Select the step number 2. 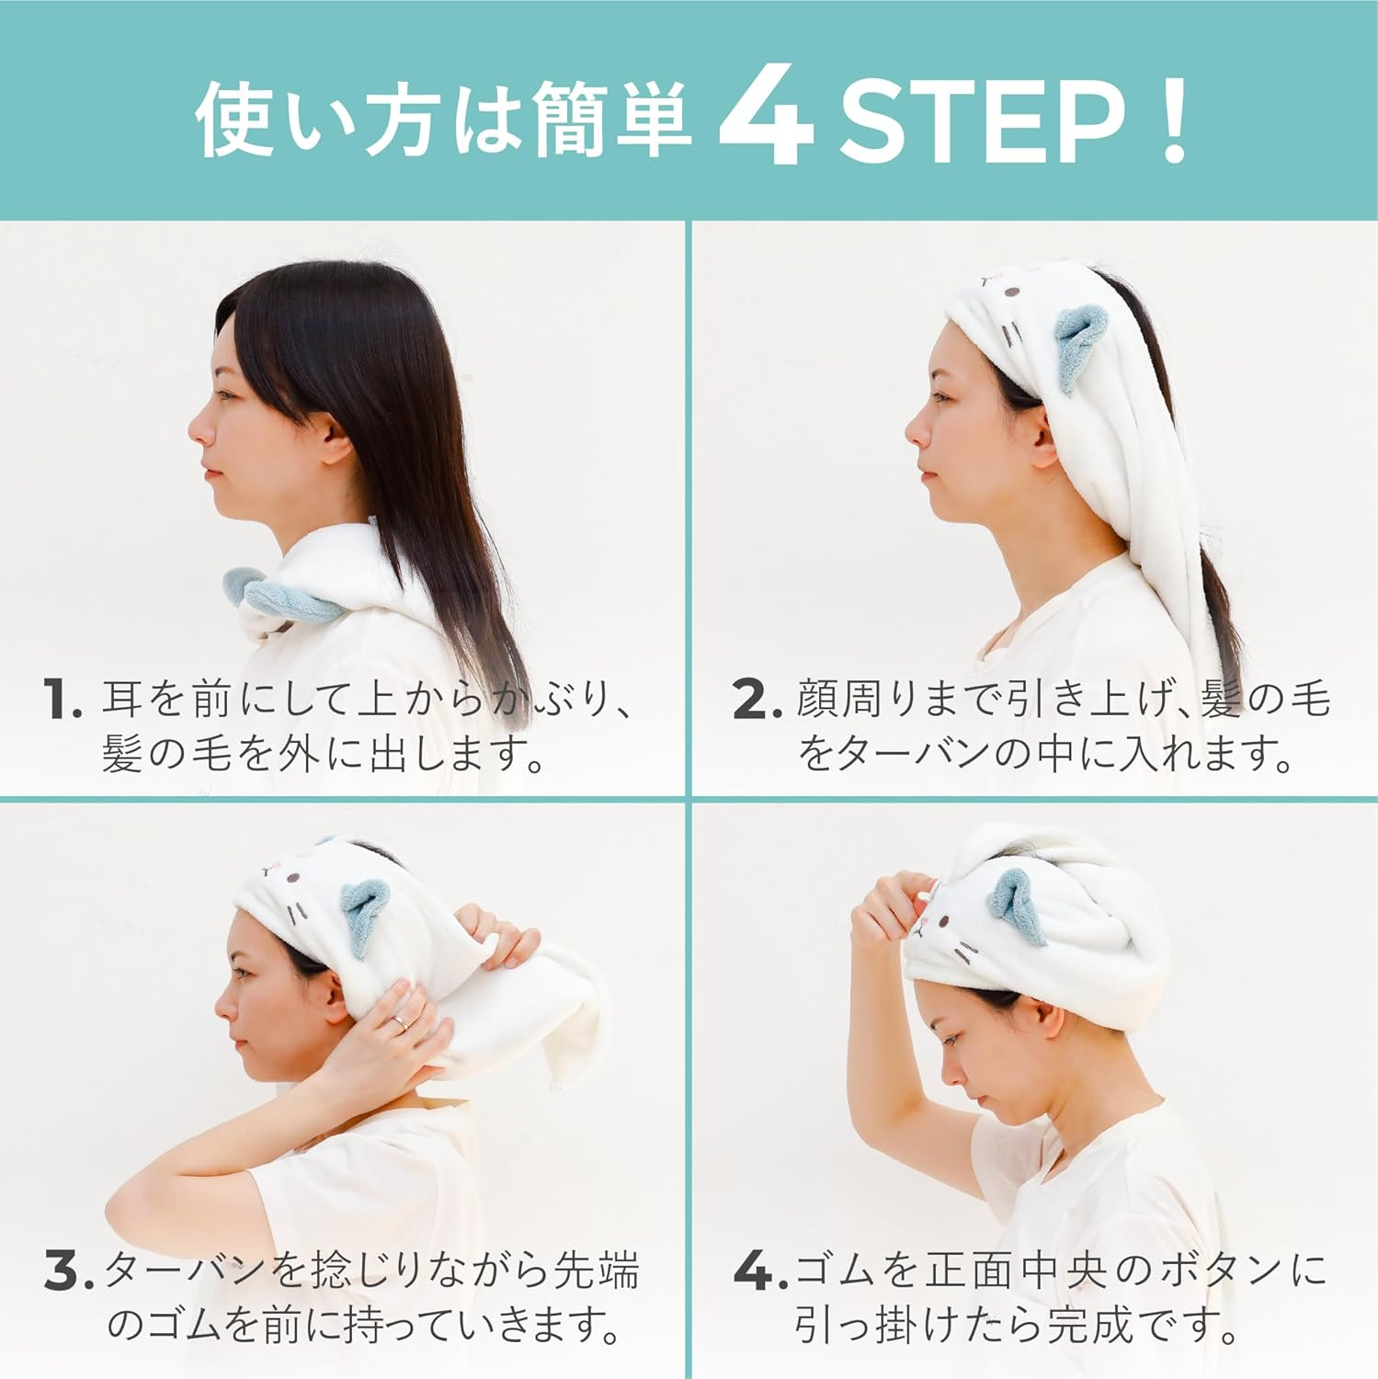tap(756, 701)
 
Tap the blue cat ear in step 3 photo tap(365, 910)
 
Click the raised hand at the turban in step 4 tap(887, 910)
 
